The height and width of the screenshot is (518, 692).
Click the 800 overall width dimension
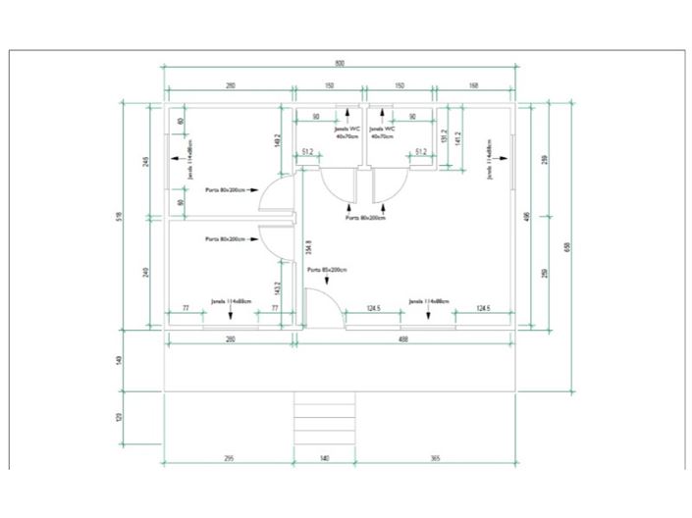(x=340, y=63)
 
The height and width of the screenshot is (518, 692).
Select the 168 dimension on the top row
(x=474, y=86)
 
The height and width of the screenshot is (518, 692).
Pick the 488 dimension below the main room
(x=403, y=339)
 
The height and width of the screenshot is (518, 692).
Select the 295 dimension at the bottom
(x=228, y=457)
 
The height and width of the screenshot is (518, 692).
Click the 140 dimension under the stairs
(x=325, y=457)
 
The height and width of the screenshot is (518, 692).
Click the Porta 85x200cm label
(x=326, y=269)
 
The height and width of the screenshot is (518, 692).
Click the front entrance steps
(x=325, y=421)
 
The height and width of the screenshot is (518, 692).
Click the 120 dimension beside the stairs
(x=120, y=416)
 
